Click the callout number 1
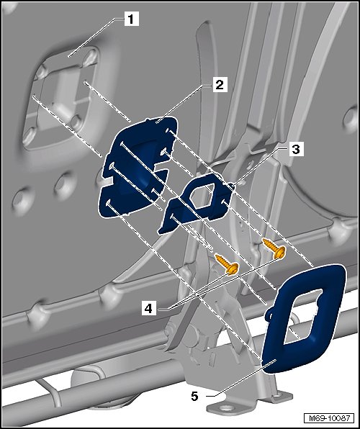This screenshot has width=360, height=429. point(132,19)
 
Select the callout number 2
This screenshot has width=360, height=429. point(220,85)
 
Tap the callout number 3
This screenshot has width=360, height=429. point(296,150)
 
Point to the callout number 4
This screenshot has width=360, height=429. point(148,309)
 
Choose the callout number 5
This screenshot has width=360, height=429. point(194,396)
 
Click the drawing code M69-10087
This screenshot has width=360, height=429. point(329,418)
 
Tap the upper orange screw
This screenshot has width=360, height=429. point(274,248)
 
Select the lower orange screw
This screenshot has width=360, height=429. point(228,264)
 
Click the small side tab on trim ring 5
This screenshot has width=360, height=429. point(269,313)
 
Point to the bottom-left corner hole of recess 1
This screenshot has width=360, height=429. point(30,136)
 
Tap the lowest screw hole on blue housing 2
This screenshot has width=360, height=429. point(109,202)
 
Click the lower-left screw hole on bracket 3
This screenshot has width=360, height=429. point(172,217)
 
